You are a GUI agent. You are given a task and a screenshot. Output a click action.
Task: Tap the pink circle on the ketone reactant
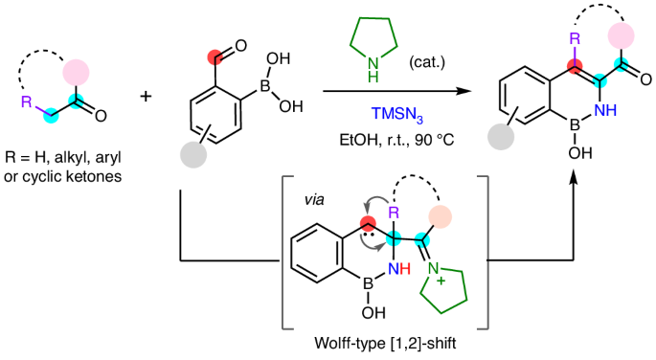click(77, 72)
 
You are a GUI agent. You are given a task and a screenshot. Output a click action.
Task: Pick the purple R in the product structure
click(574, 39)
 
